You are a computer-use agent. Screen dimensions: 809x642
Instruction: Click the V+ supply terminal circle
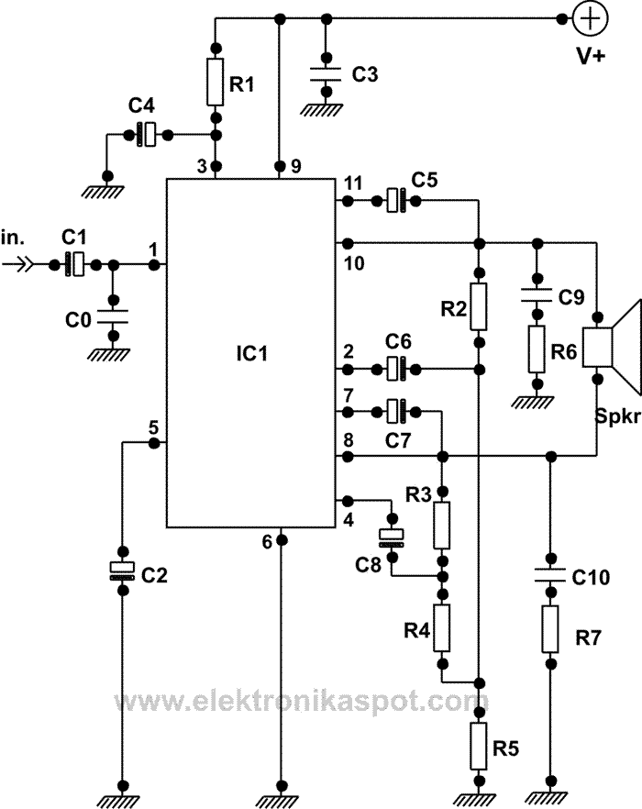coord(588,18)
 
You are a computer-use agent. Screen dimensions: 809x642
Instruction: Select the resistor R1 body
coord(216,82)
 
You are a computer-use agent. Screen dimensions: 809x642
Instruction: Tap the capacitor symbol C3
coord(323,73)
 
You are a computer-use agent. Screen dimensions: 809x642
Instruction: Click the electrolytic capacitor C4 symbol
coord(146,136)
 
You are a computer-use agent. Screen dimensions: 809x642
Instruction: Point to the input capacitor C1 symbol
coord(77,264)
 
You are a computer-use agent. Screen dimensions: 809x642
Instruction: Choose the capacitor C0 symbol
coord(114,316)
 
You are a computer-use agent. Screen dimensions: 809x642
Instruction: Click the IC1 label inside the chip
coord(250,353)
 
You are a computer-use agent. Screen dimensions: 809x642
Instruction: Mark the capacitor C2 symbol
coord(122,570)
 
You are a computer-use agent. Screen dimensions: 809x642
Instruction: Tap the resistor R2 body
coord(479,306)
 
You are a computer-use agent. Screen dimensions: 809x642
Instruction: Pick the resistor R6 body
coord(537,346)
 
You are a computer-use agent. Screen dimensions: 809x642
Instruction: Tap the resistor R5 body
coord(479,745)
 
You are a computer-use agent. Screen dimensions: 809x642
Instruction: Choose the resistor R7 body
coord(550,628)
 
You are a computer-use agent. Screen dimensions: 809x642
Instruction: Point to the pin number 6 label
coord(268,542)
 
